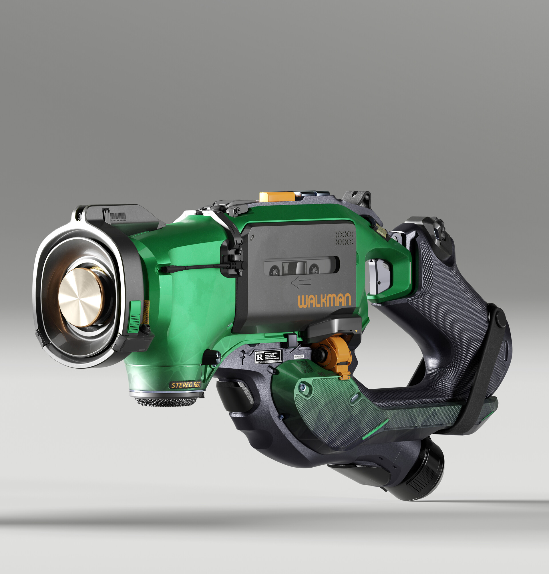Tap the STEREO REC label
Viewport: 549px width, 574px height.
186,385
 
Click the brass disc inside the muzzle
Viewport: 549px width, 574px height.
80,297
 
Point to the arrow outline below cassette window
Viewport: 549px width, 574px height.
301,283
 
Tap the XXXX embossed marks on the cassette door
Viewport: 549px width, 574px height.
344,238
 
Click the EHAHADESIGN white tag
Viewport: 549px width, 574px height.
299,357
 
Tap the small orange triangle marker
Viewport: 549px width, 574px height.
356,331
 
